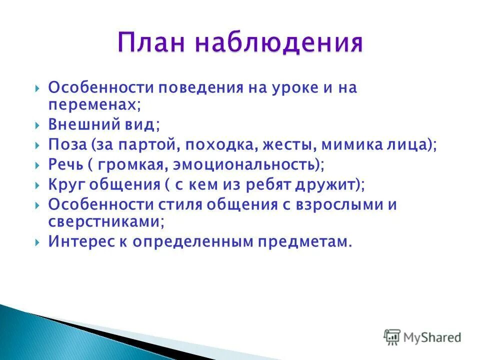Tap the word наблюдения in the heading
pos(278,43)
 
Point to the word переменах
pos(92,104)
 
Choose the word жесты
pos(290,145)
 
